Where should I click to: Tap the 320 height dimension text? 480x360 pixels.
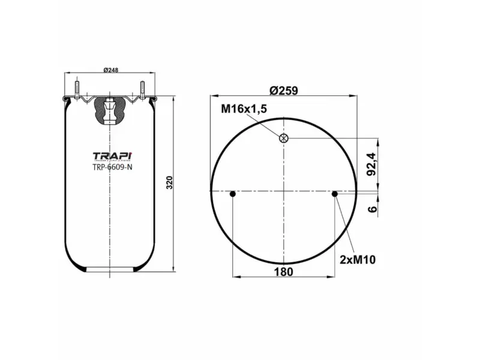[169, 182]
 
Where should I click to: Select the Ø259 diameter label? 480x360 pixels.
[284, 91]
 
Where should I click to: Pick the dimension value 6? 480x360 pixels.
[372, 209]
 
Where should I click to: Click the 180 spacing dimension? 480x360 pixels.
[284, 272]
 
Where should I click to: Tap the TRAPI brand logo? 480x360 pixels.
[112, 155]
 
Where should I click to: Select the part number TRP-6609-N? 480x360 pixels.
[112, 167]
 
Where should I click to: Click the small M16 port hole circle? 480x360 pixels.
[284, 138]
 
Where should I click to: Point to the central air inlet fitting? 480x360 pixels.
[110, 111]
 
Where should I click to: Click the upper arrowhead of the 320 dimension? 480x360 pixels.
[174, 97]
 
